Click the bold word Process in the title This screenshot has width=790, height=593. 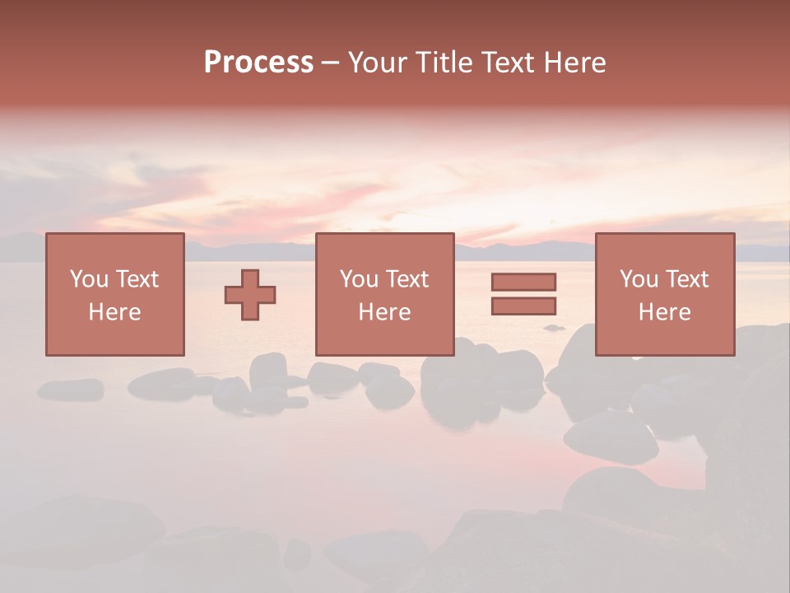pos(258,63)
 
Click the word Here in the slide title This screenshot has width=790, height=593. pos(576,63)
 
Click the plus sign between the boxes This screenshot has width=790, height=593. pos(250,295)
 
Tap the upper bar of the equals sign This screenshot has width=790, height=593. pos(523,282)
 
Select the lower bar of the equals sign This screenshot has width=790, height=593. pos(523,306)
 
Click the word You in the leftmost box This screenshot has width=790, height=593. pos(88,279)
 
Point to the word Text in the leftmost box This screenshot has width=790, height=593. pos(136,279)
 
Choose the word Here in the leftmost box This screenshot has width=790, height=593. pos(114,312)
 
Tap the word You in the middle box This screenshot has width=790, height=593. pos(358,279)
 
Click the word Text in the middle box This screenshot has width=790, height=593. pos(406,279)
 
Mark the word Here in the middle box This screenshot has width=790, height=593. pos(384,312)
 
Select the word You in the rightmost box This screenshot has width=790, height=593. pos(638,279)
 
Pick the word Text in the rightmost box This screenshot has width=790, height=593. pos(685,279)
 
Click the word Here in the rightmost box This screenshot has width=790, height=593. pos(664,312)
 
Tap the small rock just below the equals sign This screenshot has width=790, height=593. pos(554,328)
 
